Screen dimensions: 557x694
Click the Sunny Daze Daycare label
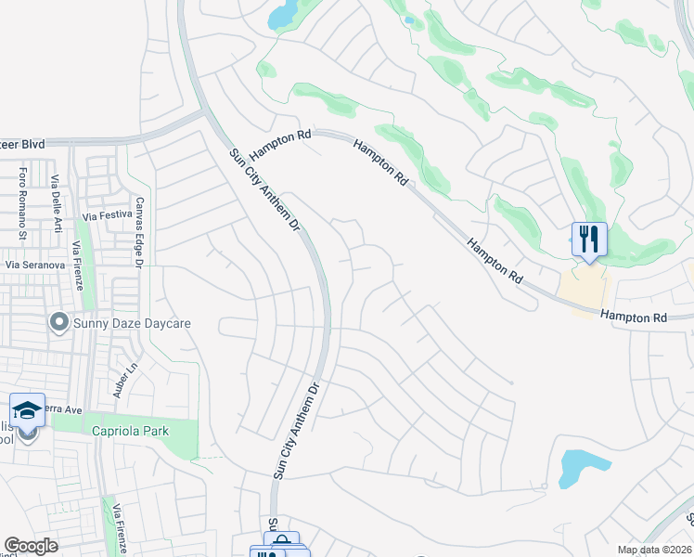pyautogui.click(x=132, y=323)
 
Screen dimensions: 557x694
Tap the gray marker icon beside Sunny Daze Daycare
pyautogui.click(x=59, y=322)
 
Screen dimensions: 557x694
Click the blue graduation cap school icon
pyautogui.click(x=28, y=409)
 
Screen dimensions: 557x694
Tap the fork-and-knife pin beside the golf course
pyautogui.click(x=589, y=239)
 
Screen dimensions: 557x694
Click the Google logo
pyautogui.click(x=31, y=546)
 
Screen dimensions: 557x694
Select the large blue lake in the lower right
pyautogui.click(x=583, y=468)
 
